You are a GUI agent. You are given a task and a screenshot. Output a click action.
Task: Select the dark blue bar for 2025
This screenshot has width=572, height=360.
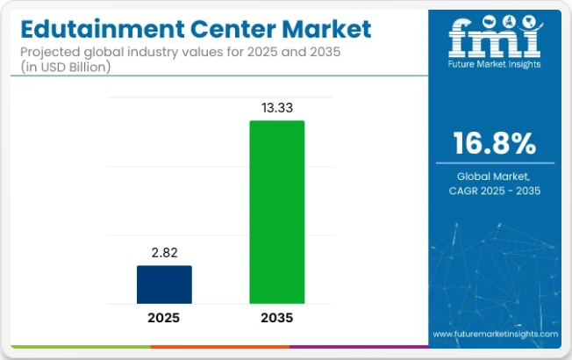164,284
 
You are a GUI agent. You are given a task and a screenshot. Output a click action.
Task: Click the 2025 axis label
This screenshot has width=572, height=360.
164,318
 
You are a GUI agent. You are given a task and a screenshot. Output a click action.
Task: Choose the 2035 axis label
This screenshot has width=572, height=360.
277,318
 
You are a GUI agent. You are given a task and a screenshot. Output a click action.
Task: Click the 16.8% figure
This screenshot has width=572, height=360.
495,144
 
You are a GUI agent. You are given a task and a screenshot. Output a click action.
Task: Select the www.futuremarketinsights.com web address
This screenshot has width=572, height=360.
495,335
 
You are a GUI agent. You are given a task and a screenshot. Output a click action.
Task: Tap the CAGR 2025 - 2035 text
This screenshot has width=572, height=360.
495,190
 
